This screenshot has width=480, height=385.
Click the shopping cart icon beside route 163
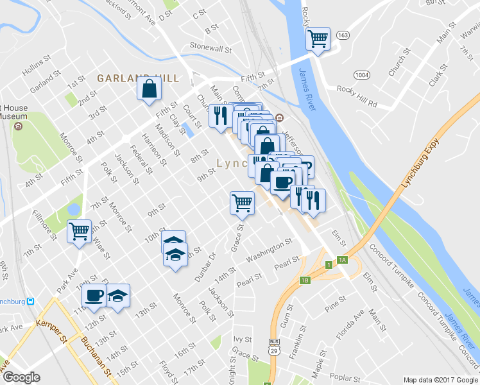coord(318,39)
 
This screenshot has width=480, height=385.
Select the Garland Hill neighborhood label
coord(137,78)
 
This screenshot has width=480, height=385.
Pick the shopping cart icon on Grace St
coord(243,203)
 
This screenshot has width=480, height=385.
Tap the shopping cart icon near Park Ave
coord(79,230)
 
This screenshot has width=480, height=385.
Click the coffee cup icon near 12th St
coord(94,296)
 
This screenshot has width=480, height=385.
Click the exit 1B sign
coord(305,280)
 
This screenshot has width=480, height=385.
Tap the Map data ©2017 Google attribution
coord(440,380)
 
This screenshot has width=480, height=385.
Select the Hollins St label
coord(36,67)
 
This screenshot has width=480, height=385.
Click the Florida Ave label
coord(352,324)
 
